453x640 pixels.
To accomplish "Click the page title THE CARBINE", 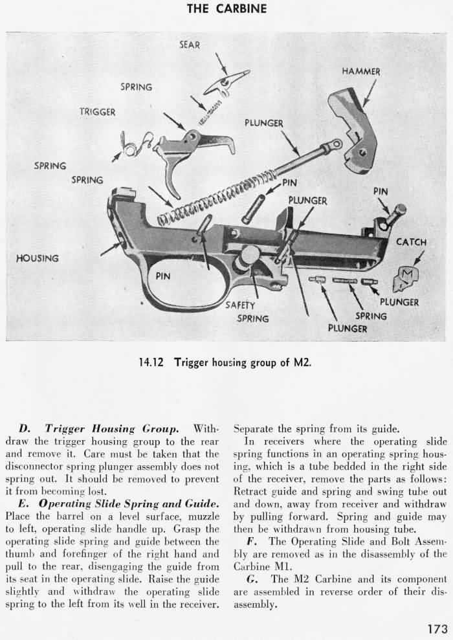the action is click(x=226, y=8).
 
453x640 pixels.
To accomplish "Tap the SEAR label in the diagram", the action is click(x=190, y=45).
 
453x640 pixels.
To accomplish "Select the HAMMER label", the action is click(x=361, y=71).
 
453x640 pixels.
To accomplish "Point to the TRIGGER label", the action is click(x=97, y=112).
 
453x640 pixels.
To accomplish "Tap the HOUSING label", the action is click(x=37, y=258).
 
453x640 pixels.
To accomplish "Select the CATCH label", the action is click(x=412, y=242).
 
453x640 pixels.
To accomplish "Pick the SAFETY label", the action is click(x=240, y=305).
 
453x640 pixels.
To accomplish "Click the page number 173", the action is click(x=438, y=628).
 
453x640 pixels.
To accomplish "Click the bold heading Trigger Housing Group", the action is click(x=112, y=428).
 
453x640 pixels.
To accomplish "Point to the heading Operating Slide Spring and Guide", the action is click(x=131, y=503).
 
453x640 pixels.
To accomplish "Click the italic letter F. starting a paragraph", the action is click(x=251, y=541).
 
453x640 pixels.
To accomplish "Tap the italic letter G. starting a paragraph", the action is click(x=252, y=579).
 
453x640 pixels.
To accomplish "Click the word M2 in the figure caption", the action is click(x=302, y=362).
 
